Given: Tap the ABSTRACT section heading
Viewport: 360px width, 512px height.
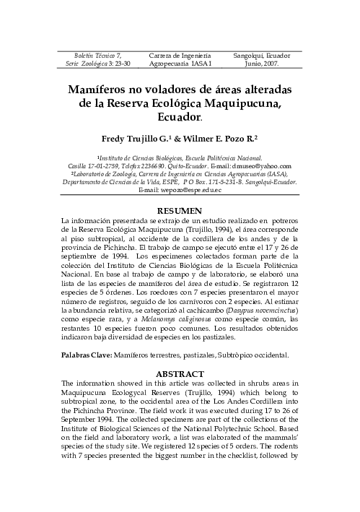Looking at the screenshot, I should pos(180,374).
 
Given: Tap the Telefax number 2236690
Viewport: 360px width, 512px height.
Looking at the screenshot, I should pos(142,165).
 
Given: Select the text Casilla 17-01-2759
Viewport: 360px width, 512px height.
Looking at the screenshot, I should pos(92,165).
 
